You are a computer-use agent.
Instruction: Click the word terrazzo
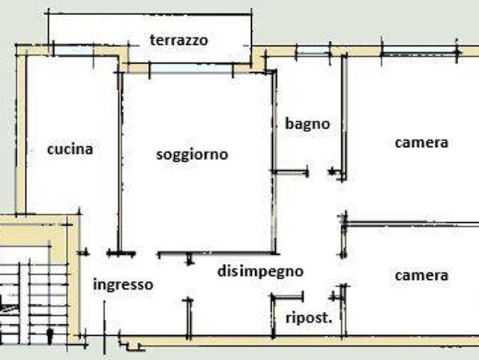(x=178, y=40)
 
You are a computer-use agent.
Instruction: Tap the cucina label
(x=70, y=148)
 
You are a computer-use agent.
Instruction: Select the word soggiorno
(x=192, y=154)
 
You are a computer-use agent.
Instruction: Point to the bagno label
(x=307, y=124)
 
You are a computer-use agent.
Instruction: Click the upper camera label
(x=421, y=142)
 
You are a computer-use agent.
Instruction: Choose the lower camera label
(x=421, y=275)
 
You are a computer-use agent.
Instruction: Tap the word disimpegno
(x=260, y=271)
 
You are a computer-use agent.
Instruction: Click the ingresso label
(x=123, y=284)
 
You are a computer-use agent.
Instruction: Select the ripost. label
(x=309, y=317)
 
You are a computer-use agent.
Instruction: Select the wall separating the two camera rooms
(x=412, y=223)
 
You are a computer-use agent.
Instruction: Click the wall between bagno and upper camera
(x=344, y=112)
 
